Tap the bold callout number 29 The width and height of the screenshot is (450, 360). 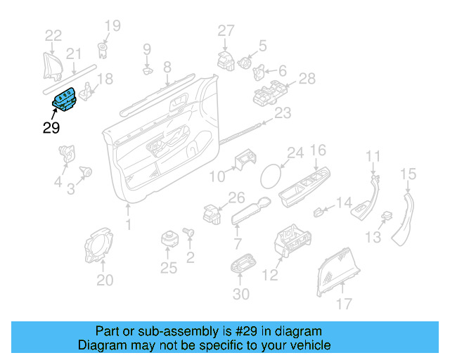[51, 128]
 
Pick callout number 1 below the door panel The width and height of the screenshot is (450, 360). [128, 225]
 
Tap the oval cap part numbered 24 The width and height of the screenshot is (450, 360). [270, 175]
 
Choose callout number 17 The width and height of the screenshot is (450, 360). [343, 304]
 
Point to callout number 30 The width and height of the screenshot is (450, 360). [240, 295]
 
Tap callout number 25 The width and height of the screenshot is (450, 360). [169, 267]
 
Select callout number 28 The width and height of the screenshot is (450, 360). [307, 79]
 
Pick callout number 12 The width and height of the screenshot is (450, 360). [271, 276]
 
